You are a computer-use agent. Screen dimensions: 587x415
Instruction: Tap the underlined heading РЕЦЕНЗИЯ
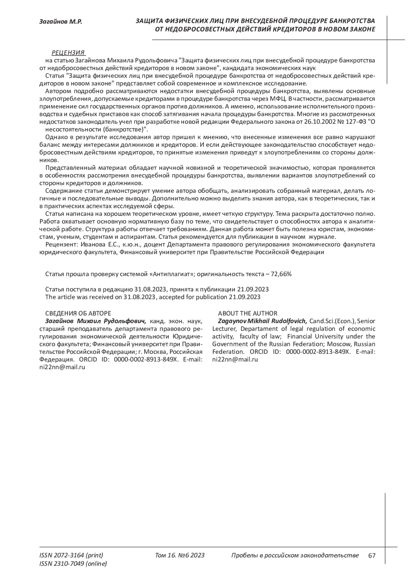68,53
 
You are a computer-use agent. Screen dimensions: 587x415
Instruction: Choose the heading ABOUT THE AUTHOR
248,313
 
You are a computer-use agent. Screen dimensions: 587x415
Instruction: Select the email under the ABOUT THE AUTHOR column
235,359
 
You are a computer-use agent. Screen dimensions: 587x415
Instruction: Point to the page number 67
372,556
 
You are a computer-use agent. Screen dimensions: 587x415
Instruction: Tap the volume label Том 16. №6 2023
180,556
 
